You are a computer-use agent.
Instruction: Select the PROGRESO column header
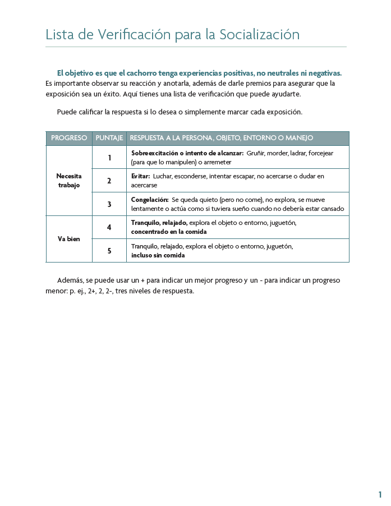tap(69, 138)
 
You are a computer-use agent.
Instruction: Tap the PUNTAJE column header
tap(109, 138)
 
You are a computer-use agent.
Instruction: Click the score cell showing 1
tap(109, 158)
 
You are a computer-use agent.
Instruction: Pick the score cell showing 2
tap(109, 181)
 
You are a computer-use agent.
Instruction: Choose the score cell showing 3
tap(109, 204)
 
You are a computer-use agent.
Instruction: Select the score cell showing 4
tap(109, 227)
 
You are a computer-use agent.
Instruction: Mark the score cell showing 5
tap(109, 251)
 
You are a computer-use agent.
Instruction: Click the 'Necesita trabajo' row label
tap(69, 181)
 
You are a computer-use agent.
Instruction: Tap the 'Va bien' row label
tap(69, 239)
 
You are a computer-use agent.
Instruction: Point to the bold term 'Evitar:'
tap(140, 176)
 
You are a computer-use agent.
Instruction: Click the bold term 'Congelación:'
tap(150, 200)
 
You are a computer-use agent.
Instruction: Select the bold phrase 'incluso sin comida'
tap(158, 255)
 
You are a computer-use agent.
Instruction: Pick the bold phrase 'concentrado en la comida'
tap(169, 232)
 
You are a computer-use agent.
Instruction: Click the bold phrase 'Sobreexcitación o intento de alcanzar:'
tap(187, 153)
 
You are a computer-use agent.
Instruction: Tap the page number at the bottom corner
tap(380, 494)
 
